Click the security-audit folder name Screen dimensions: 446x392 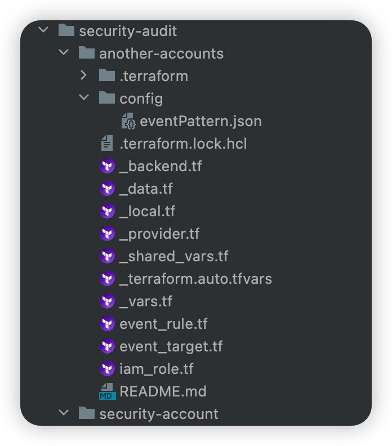coord(127,31)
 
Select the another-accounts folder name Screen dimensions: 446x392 coord(161,53)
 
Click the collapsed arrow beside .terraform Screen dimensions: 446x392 coord(84,75)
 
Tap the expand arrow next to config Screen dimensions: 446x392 coord(84,98)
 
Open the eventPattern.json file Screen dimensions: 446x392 coord(201,121)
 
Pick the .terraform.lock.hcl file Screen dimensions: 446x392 coord(183,144)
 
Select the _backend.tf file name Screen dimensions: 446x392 coord(161,166)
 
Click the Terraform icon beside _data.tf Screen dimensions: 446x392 coord(107,189)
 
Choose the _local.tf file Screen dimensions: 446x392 coord(147,211)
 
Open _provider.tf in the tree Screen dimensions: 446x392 coord(159,234)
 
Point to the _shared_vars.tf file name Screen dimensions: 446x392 coord(174,256)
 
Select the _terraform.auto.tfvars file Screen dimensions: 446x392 coord(195,279)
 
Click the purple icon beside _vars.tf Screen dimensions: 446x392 coord(107,301)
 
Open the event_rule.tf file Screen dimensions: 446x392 coord(163,324)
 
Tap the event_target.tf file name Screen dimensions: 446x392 coord(171,346)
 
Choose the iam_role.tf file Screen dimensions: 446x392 coord(157,369)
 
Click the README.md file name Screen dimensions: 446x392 coord(163,391)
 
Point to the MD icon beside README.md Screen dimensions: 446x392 coord(107,391)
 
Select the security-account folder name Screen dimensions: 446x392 coord(158,414)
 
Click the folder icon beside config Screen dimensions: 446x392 coord(107,98)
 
